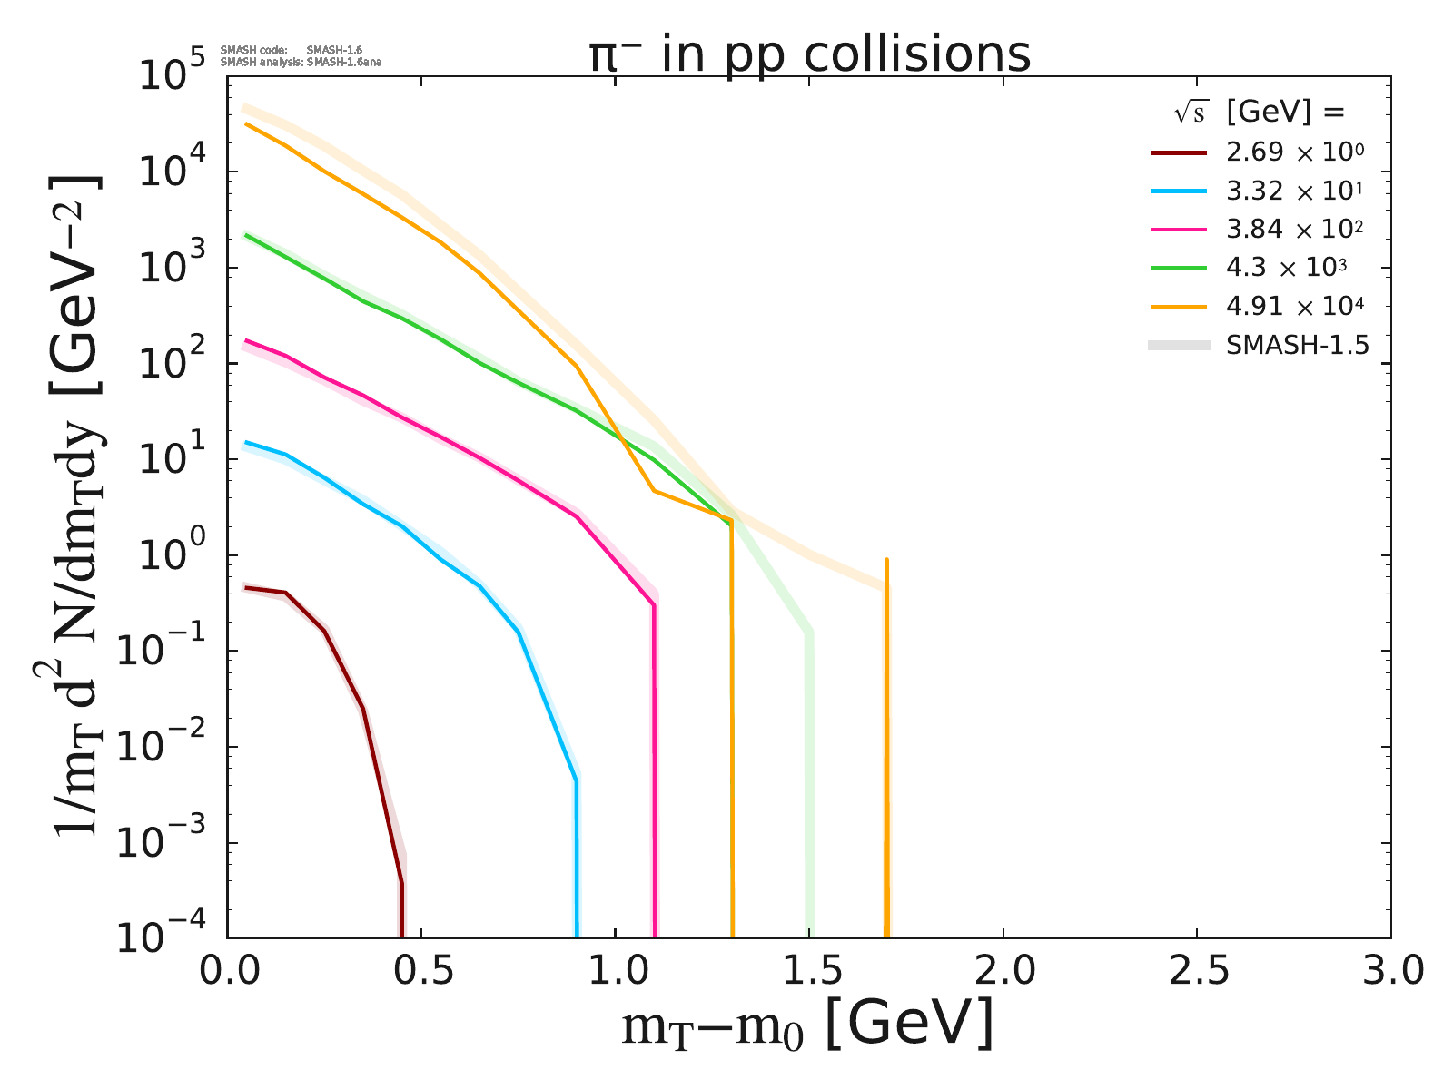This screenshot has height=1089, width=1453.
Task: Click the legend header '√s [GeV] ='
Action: tap(1258, 113)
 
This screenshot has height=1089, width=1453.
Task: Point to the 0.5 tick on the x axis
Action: tap(421, 972)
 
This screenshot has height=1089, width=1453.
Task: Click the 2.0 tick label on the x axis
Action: tap(1003, 972)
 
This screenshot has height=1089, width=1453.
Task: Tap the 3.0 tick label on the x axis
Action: tap(1389, 972)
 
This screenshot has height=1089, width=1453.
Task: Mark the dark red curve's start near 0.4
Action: tap(247, 588)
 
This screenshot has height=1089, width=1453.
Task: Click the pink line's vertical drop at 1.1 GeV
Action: tap(654, 771)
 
